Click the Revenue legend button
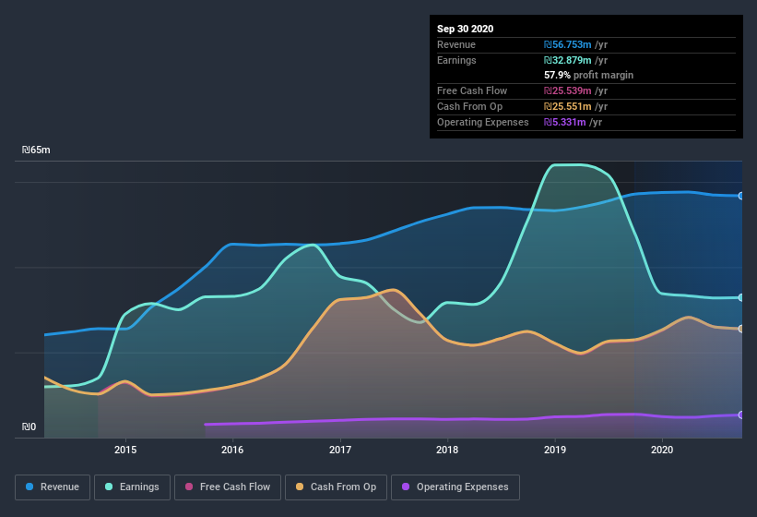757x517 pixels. pos(53,487)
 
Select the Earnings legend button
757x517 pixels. pos(129,487)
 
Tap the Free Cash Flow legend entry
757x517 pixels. pos(227,487)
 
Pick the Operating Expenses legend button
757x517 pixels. pos(455,487)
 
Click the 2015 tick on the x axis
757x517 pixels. pos(125,450)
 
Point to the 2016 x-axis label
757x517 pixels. pos(232,450)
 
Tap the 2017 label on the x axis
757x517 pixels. pos(340,450)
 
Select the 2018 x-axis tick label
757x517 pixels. pos(447,450)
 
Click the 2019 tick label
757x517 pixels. pos(555,450)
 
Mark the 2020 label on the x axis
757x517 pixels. pos(662,450)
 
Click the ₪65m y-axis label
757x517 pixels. pos(36,150)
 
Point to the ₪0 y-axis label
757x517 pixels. pos(29,427)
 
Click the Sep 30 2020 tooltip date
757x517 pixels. pos(465,29)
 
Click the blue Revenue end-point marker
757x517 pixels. pos(740,196)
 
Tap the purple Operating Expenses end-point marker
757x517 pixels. pos(740,415)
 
